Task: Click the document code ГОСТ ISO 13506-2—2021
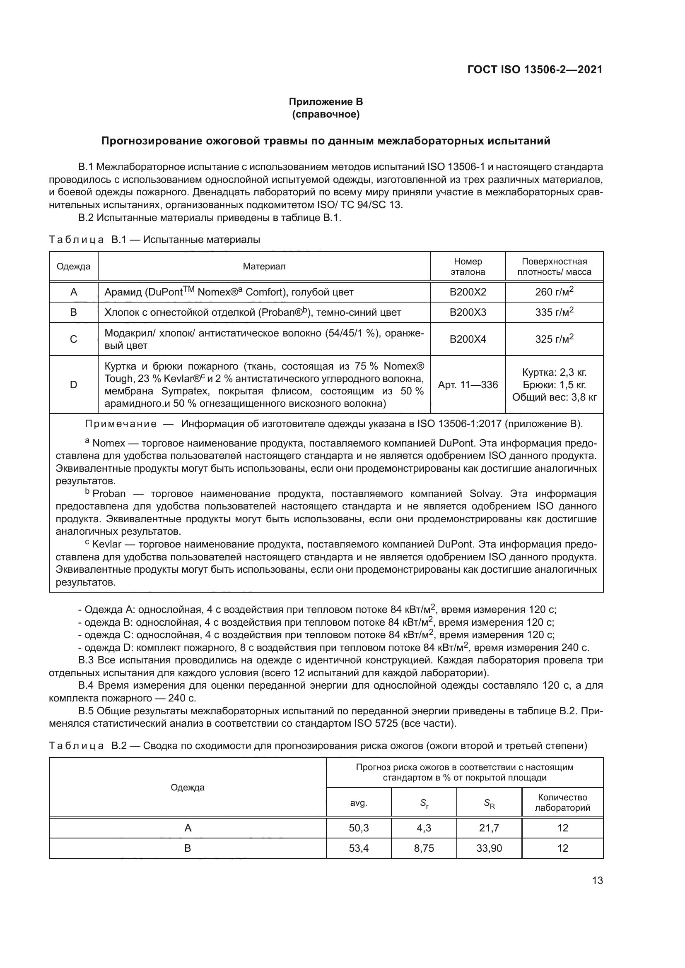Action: click(535, 70)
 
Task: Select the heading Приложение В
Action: click(326, 102)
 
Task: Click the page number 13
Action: click(597, 881)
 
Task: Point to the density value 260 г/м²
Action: click(554, 292)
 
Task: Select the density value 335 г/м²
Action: click(554, 312)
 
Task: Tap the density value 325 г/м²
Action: click(554, 339)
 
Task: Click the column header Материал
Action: click(264, 267)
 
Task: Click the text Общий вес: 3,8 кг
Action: click(554, 397)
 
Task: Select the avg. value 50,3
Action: click(359, 828)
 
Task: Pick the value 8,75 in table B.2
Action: click(424, 848)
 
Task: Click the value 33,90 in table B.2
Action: click(489, 848)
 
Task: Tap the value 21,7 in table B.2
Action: click(489, 828)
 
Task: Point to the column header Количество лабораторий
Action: click(562, 803)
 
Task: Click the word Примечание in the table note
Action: click(121, 424)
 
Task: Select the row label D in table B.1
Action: click(73, 384)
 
